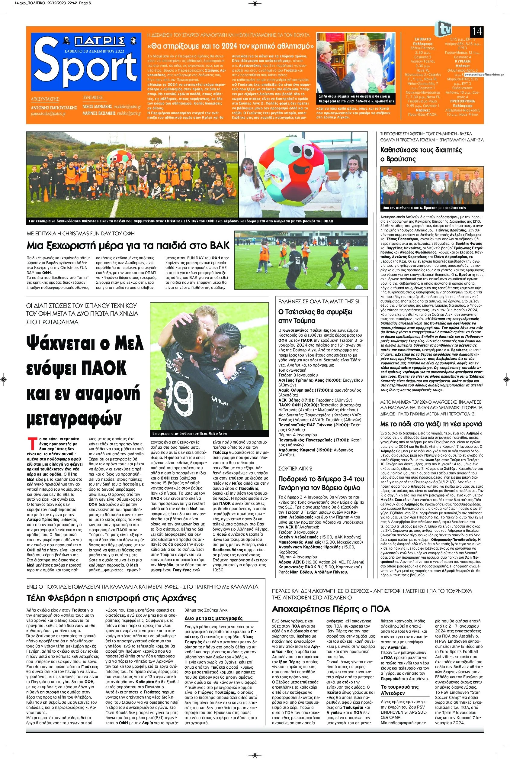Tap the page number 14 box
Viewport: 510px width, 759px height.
coord(476,31)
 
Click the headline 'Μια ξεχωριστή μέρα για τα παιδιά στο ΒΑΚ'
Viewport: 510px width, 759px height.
coord(128,245)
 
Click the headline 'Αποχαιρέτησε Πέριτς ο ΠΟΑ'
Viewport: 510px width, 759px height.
coord(331,609)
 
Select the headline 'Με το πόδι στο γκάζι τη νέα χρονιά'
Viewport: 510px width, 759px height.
coord(431,424)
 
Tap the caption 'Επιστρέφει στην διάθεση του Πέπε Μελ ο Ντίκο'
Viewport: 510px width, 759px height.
coord(190,434)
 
